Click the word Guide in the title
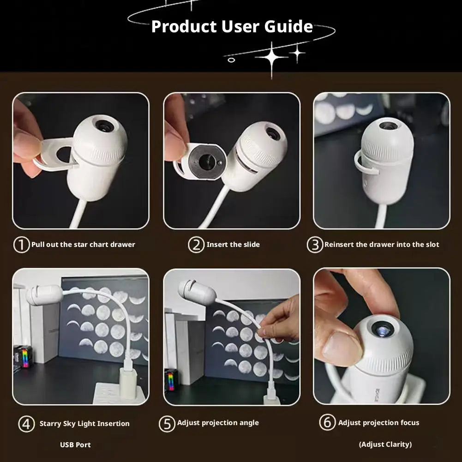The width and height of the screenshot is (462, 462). pos(288,26)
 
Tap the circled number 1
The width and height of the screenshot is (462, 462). pos(22,245)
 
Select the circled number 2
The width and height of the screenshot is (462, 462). pos(196,245)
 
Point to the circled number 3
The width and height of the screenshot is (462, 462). pos(315,245)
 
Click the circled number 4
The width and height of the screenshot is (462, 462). pos(26,424)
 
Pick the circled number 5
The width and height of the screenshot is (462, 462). pos(167,424)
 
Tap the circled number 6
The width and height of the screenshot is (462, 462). pos(327,422)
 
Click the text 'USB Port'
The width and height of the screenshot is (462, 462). pos(75,444)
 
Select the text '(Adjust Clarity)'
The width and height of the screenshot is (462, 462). pos(385,444)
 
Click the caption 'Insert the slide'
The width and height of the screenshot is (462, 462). pos(233,244)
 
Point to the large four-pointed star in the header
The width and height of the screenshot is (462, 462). pos(271,57)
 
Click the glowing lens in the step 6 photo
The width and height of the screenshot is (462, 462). pos(383,330)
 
